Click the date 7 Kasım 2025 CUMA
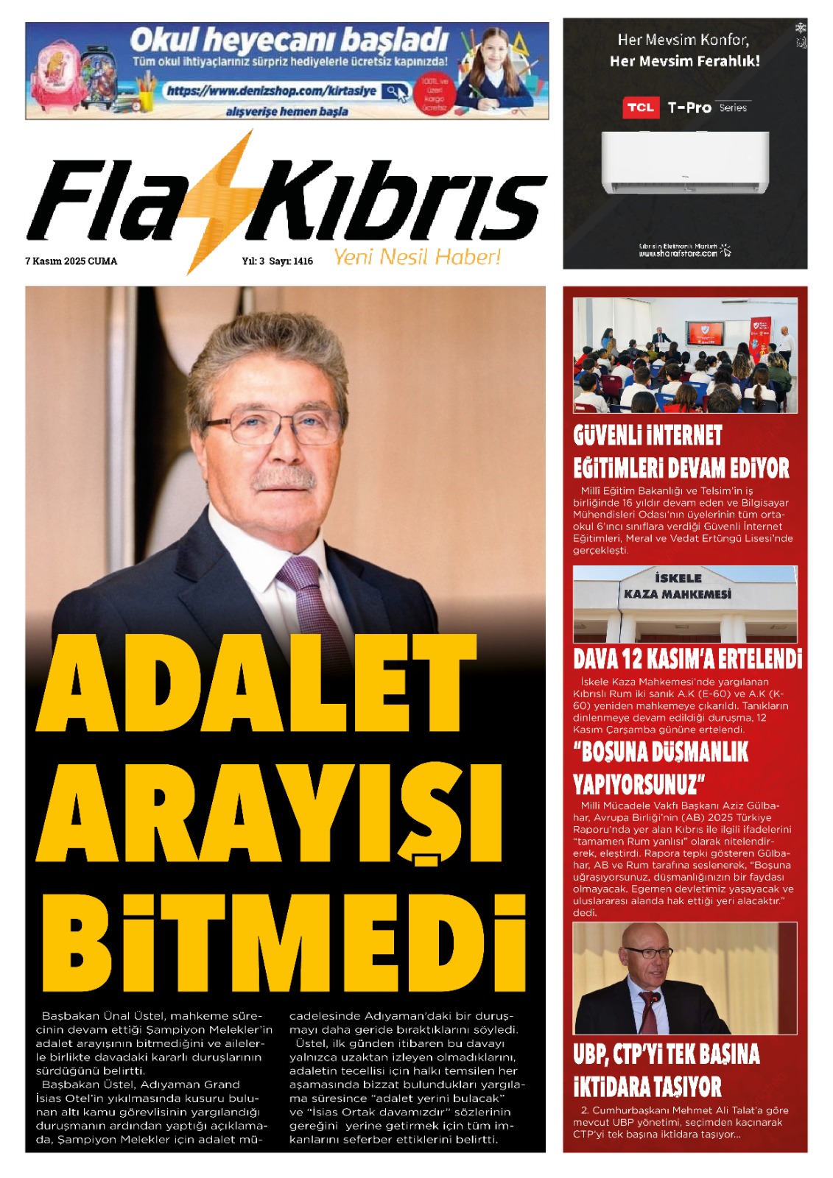(71, 261)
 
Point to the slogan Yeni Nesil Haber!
(417, 257)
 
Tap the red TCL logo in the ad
(640, 107)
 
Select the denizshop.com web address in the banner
(271, 91)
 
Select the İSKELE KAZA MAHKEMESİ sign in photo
(678, 586)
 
